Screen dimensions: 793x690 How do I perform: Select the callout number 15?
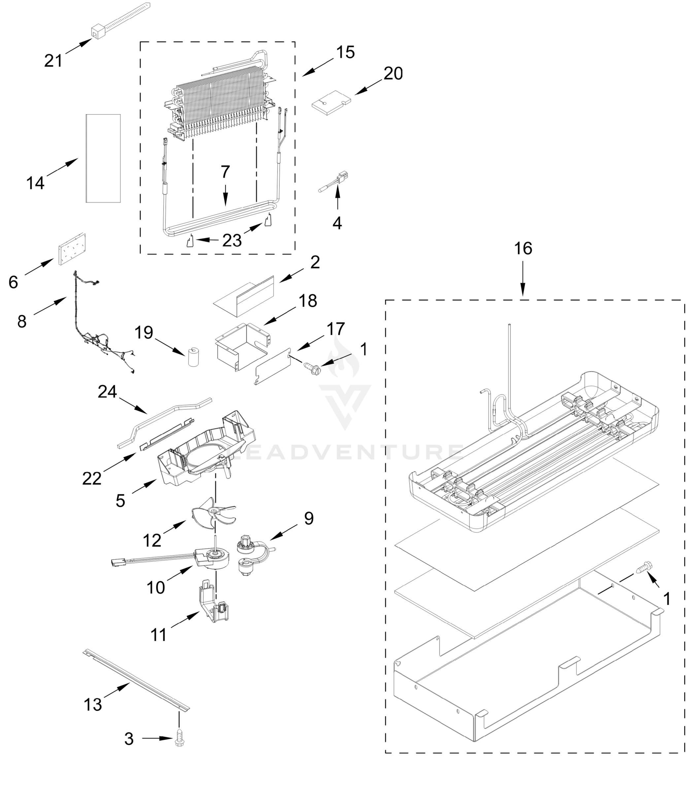click(345, 52)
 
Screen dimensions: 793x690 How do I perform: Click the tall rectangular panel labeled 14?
click(103, 158)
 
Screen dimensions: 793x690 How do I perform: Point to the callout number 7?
click(225, 171)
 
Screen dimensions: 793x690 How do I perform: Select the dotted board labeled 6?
click(72, 249)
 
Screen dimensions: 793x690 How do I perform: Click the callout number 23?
click(232, 241)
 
